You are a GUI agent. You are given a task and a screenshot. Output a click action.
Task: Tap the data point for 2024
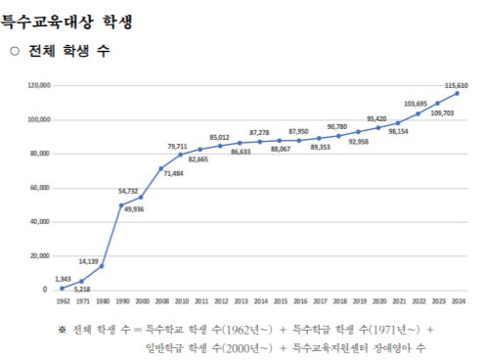click(x=457, y=94)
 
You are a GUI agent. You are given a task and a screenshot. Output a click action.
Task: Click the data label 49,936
click(x=133, y=209)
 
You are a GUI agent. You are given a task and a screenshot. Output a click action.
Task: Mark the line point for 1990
click(x=121, y=205)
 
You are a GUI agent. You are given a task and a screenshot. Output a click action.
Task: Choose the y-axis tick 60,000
click(x=39, y=188)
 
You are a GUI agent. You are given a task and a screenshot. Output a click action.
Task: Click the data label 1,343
click(x=62, y=279)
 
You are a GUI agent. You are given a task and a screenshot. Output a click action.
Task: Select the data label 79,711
click(x=177, y=146)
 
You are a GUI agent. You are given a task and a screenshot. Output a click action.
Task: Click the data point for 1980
click(x=102, y=266)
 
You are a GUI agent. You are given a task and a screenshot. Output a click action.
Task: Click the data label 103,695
click(x=416, y=104)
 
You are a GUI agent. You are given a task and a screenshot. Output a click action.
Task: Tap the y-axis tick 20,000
click(x=39, y=256)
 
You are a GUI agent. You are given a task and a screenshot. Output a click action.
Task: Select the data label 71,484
click(x=172, y=173)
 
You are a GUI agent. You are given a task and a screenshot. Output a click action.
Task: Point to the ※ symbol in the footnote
click(x=62, y=329)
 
